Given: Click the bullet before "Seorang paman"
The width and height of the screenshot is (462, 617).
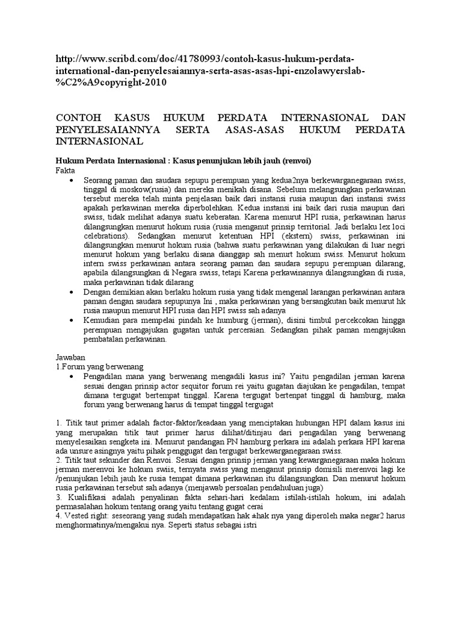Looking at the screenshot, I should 72,181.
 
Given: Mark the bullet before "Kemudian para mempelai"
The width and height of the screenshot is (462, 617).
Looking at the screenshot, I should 72,321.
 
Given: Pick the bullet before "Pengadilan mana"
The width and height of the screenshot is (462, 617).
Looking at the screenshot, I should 72,375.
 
